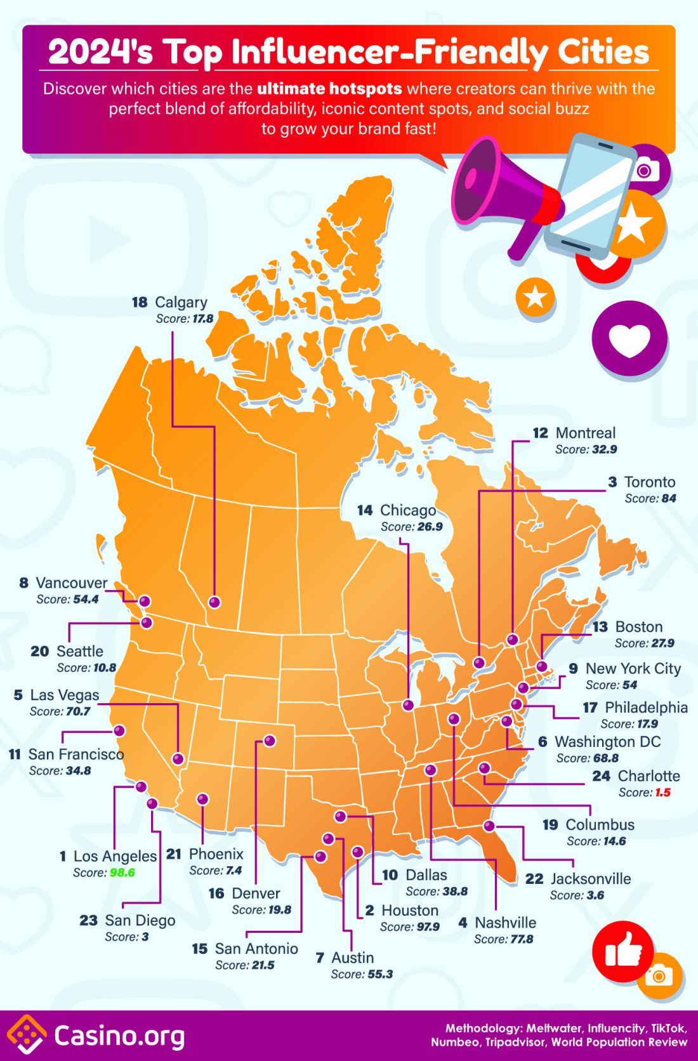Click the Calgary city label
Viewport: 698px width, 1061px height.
(181, 303)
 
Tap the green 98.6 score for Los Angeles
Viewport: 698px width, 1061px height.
(122, 873)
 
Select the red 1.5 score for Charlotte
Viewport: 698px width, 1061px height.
(662, 793)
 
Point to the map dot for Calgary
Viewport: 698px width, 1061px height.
(214, 602)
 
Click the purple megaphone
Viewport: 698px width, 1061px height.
(501, 190)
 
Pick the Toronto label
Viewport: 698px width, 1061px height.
(650, 482)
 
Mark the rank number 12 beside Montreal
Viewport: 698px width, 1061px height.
(540, 433)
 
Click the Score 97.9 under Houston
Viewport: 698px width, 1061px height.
(409, 926)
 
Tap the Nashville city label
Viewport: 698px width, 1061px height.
(505, 923)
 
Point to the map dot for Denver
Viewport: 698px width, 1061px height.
(270, 741)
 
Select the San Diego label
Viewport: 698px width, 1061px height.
(140, 920)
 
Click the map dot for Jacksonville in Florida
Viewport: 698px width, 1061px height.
(489, 826)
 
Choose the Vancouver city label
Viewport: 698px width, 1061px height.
(72, 583)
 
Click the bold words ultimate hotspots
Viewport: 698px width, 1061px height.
(329, 89)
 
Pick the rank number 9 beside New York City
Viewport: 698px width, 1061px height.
(573, 669)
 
